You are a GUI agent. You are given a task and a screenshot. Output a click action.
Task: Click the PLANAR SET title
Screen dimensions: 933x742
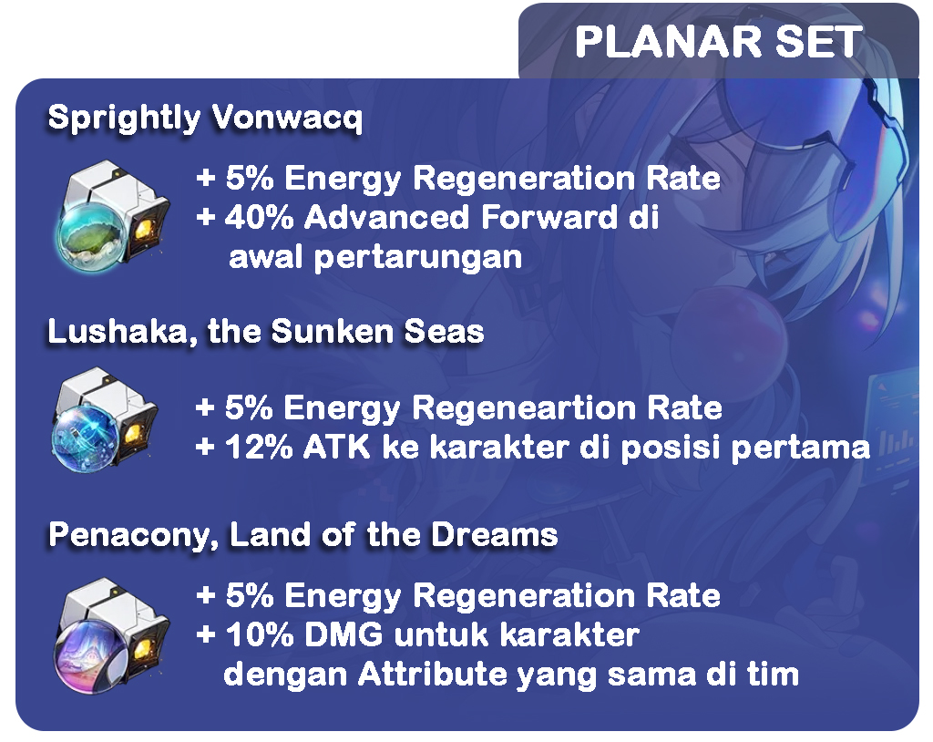(719, 42)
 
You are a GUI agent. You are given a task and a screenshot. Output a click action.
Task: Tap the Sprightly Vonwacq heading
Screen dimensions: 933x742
(205, 118)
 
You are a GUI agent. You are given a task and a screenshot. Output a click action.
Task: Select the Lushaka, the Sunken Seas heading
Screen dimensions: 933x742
(266, 331)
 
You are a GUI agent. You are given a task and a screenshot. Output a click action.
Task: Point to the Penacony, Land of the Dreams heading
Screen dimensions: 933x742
(303, 534)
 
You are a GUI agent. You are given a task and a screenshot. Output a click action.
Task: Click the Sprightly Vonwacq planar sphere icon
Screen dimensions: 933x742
(113, 213)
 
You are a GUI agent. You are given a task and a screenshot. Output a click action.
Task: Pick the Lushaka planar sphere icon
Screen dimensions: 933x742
(106, 420)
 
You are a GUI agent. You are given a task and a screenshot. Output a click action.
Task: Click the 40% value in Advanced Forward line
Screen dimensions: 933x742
(260, 217)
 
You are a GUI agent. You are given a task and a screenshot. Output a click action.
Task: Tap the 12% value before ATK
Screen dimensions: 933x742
(259, 448)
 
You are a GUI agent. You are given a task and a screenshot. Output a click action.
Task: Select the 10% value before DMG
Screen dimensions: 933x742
(260, 634)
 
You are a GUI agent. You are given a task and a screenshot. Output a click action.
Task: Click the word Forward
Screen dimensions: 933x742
(549, 217)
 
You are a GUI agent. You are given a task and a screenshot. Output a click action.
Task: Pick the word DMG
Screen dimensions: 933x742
(343, 634)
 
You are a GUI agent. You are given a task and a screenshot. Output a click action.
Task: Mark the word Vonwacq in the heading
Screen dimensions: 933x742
(287, 119)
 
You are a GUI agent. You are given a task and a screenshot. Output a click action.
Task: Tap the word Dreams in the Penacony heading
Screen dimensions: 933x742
(495, 534)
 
